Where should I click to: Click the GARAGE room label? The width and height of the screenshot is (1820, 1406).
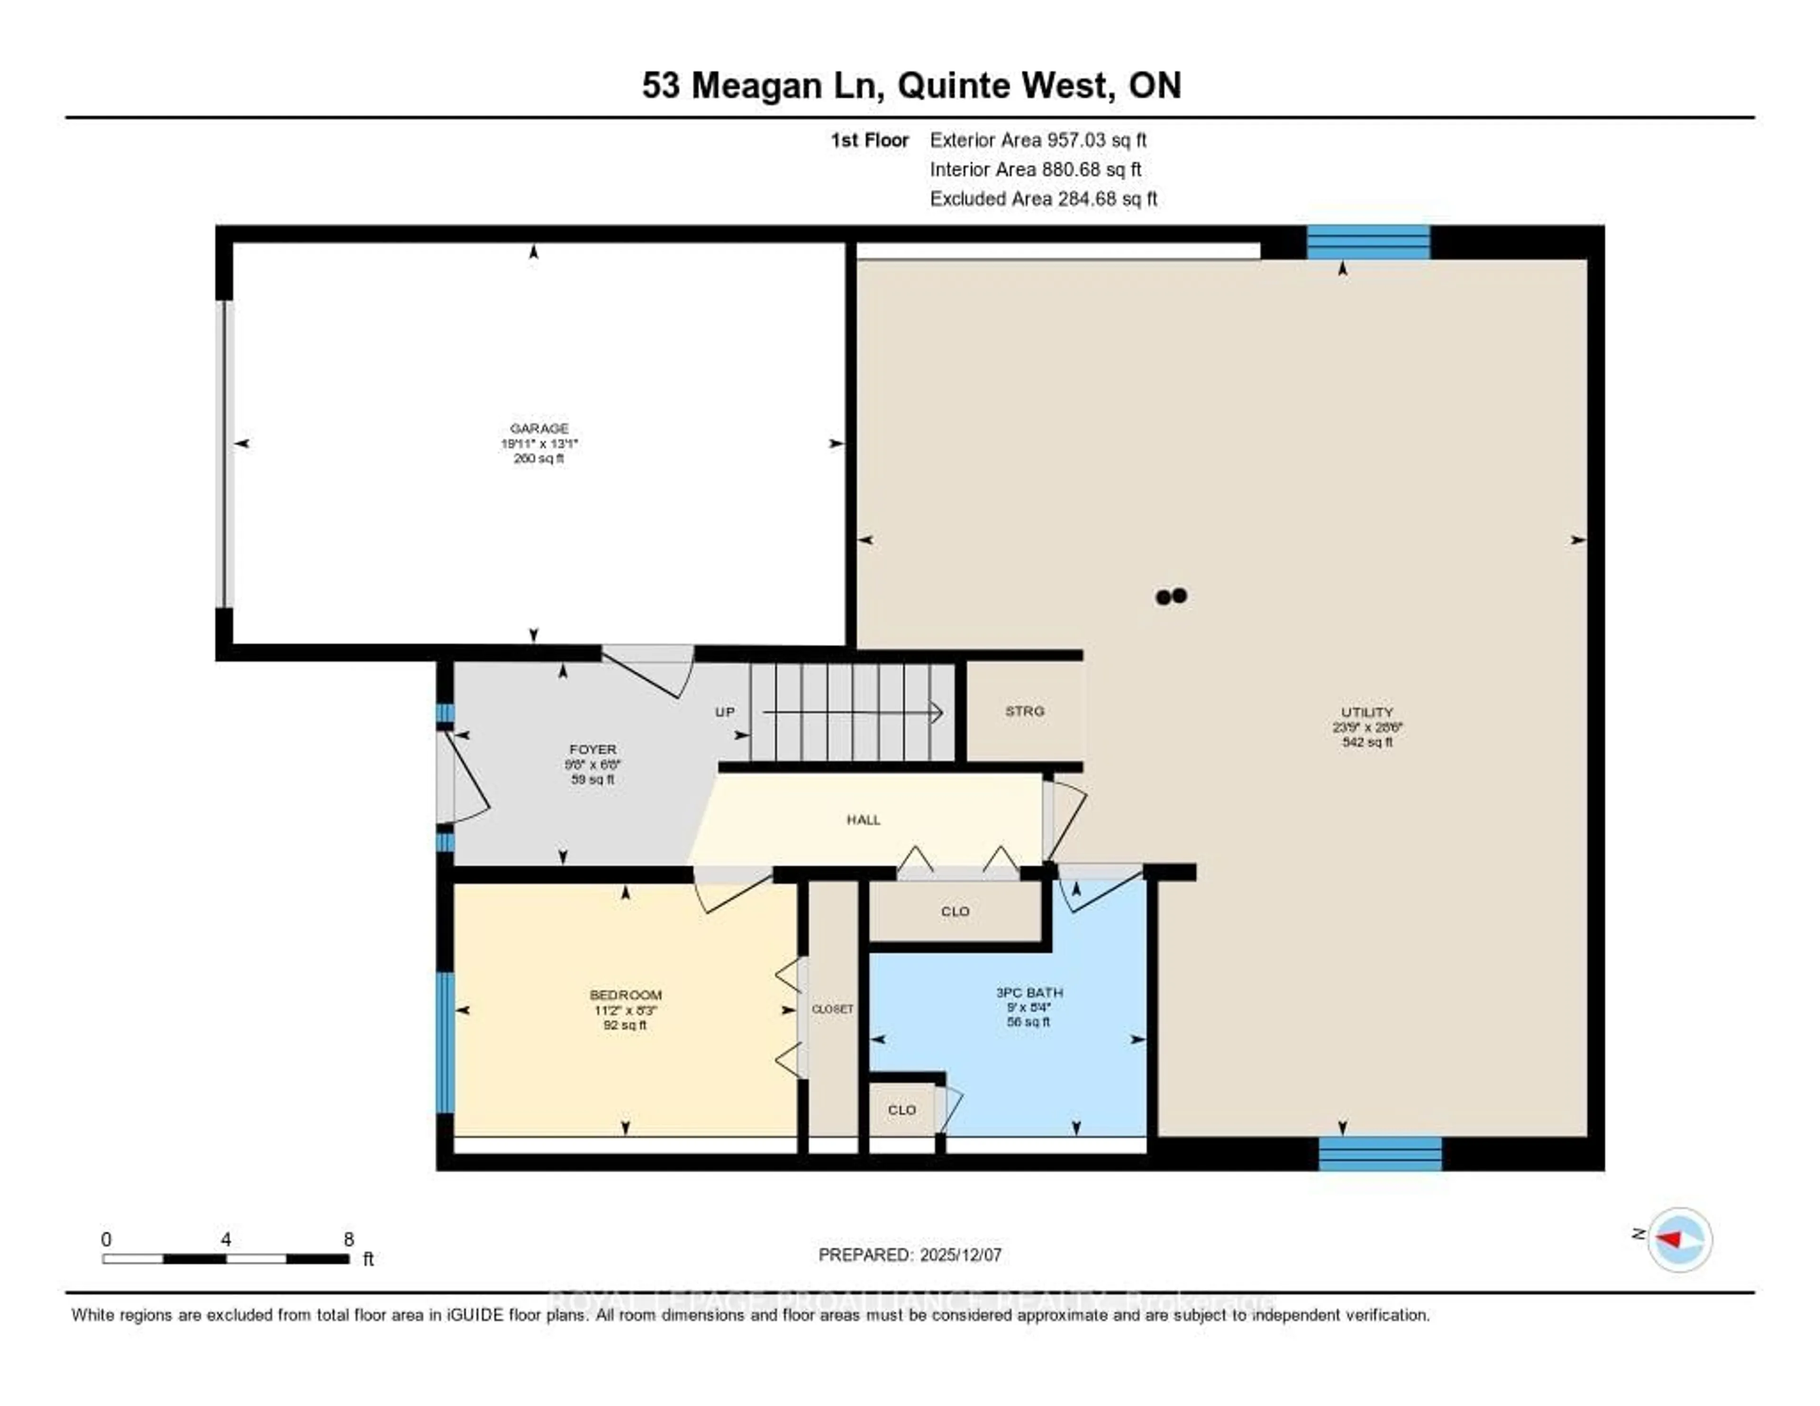click(x=539, y=429)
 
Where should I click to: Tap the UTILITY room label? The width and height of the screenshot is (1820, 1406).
click(x=1367, y=712)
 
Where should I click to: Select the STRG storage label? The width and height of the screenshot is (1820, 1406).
click(x=1024, y=711)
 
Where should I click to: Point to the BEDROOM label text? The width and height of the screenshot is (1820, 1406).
click(x=625, y=994)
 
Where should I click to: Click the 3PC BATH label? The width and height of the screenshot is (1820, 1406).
click(x=1029, y=992)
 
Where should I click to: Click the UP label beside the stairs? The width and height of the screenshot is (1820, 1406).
click(x=724, y=712)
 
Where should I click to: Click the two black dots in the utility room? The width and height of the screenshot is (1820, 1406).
click(x=1171, y=596)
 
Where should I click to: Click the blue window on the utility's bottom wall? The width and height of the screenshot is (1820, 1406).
click(x=1380, y=1153)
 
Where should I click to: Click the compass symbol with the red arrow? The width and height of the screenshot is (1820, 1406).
click(x=1679, y=1239)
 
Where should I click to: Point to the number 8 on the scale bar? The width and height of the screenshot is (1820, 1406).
click(x=348, y=1239)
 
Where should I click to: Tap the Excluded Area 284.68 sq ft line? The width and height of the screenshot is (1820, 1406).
click(x=1043, y=198)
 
